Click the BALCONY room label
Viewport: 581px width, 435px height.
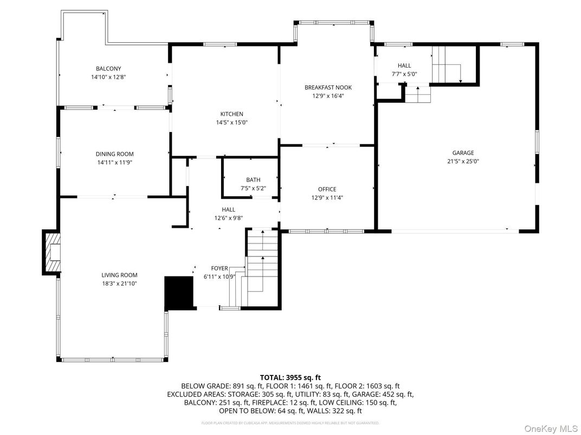point(108,69)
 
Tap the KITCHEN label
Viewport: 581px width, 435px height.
point(231,114)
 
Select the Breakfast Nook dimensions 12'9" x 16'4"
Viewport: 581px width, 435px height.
point(328,96)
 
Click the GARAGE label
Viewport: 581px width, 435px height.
point(463,153)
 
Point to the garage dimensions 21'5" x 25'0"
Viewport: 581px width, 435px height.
point(463,161)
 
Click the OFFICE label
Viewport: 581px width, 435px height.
point(327,189)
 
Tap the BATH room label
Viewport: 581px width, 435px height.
point(253,180)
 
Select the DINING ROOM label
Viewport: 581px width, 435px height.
point(114,154)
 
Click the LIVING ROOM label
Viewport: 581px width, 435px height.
point(119,275)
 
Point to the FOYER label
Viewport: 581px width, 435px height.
point(220,268)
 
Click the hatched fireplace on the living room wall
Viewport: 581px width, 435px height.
point(52,252)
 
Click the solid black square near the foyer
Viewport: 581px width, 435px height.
point(179,293)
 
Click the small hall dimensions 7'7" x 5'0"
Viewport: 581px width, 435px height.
point(404,74)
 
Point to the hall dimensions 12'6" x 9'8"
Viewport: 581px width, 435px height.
point(228,219)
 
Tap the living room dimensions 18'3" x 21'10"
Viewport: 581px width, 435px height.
point(119,283)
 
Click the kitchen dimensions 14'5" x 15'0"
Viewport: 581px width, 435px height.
point(231,122)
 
